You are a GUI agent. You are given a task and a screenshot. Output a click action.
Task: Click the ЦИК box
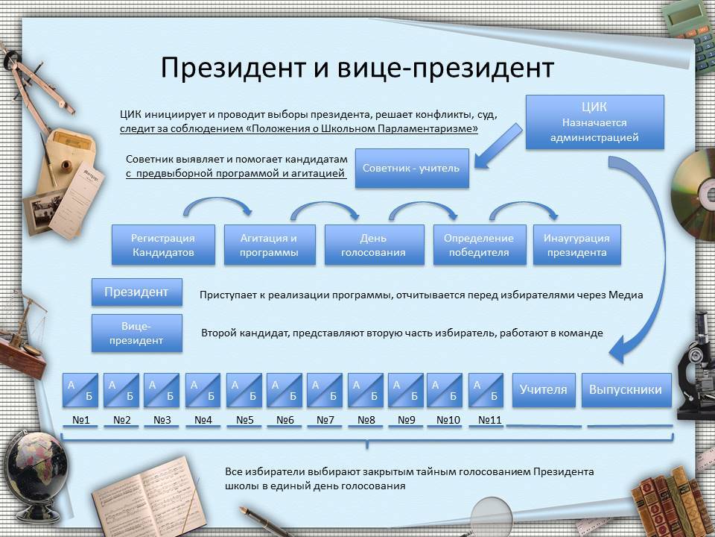pyautogui.click(x=594, y=122)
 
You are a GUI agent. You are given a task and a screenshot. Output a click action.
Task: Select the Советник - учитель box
pyautogui.click(x=411, y=169)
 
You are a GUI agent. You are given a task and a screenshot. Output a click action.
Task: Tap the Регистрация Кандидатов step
pyautogui.click(x=163, y=245)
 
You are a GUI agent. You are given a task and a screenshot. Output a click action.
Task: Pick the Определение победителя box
pyautogui.click(x=479, y=245)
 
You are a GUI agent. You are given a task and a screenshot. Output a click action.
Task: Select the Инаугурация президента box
pyautogui.click(x=576, y=245)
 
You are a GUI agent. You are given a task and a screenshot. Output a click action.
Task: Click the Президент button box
pyautogui.click(x=136, y=292)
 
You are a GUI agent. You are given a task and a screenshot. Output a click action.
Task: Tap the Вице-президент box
pyautogui.click(x=136, y=333)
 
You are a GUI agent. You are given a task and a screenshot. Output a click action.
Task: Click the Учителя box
pyautogui.click(x=544, y=390)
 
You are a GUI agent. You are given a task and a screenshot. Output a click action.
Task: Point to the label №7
pyautogui.click(x=325, y=421)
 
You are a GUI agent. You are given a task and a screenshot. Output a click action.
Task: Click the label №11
pyautogui.click(x=489, y=421)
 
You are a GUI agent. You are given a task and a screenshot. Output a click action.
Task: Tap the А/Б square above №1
pyautogui.click(x=80, y=390)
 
